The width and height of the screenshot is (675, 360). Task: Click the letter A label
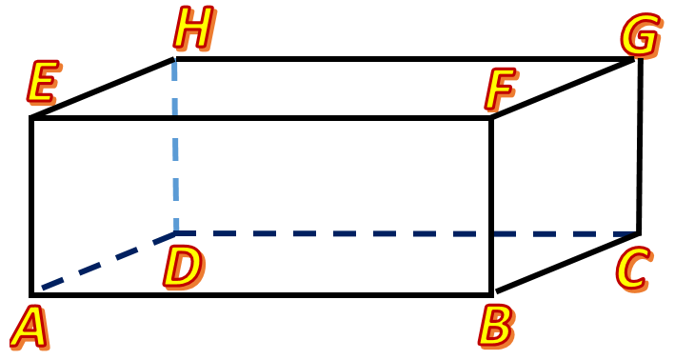29,328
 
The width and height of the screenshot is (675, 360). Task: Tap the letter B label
495,325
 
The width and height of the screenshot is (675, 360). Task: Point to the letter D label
181,267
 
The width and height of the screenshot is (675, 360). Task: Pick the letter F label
499,90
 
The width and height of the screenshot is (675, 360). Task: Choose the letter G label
640,35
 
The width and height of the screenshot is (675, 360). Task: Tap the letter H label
191,30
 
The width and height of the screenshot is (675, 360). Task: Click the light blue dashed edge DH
175,143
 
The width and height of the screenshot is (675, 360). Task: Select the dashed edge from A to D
105,261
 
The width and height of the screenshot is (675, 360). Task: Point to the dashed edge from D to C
409,233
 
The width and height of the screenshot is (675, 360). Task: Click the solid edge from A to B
262,293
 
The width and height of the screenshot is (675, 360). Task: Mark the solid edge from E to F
262,118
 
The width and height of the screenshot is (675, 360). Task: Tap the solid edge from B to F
491,205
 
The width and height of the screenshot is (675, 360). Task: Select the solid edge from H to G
405,59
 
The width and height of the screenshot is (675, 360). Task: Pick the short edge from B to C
566,262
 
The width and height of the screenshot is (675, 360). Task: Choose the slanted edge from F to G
564,89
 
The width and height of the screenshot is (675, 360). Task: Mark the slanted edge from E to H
103,89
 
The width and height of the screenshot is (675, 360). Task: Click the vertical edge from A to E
31,205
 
